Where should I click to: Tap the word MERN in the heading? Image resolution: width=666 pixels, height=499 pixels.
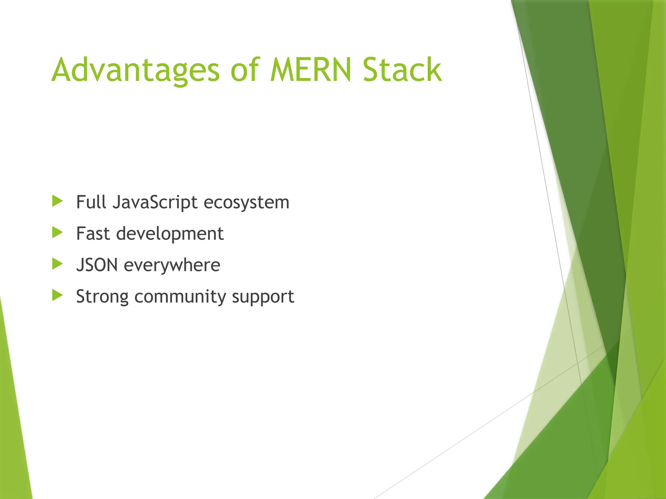311,70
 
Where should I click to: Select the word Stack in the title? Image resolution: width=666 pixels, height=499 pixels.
402,70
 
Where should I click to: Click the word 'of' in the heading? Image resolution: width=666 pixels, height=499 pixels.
245,70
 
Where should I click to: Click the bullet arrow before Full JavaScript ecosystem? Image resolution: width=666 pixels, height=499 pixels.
57,201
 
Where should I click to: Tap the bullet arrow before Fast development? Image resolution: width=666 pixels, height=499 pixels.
57,233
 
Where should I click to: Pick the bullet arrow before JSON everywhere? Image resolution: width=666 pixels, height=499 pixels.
57,264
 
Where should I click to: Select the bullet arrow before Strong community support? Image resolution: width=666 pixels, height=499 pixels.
57,295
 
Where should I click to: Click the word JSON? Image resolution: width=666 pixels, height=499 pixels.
97,265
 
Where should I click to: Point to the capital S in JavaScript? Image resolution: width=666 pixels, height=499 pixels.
155,202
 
